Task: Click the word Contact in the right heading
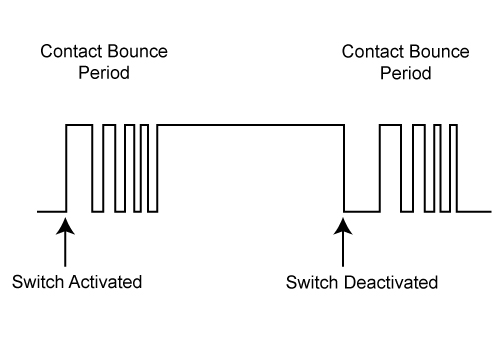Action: (370, 50)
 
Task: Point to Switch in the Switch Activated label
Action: (34, 281)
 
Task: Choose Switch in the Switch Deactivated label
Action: (309, 281)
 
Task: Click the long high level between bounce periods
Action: (250, 124)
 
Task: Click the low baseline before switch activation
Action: (50, 211)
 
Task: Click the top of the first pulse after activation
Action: (79, 124)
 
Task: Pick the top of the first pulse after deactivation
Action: (388, 124)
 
